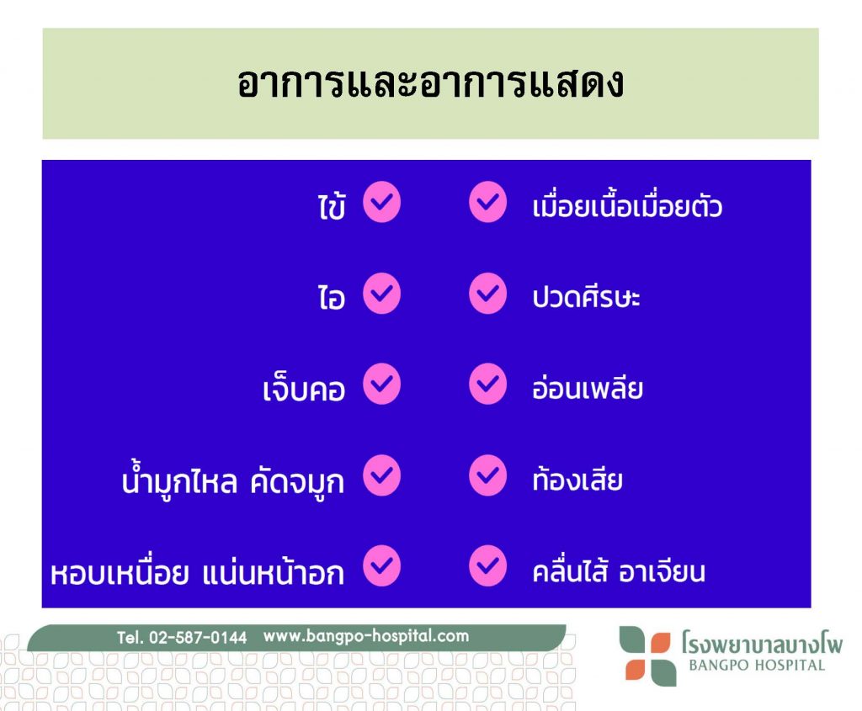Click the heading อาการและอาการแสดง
[430, 83]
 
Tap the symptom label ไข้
[332, 205]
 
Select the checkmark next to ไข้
[381, 202]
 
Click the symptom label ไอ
[332, 297]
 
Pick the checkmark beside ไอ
[381, 294]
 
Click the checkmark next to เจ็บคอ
[381, 384]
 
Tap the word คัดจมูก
[297, 482]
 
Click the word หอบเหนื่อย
[120, 571]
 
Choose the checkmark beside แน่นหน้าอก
[381, 566]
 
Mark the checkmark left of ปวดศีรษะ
[487, 294]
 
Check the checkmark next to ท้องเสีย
[487, 475]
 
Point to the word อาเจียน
[662, 571]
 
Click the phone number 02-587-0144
[198, 637]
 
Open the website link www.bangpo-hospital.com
[366, 636]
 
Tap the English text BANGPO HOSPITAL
[757, 665]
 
